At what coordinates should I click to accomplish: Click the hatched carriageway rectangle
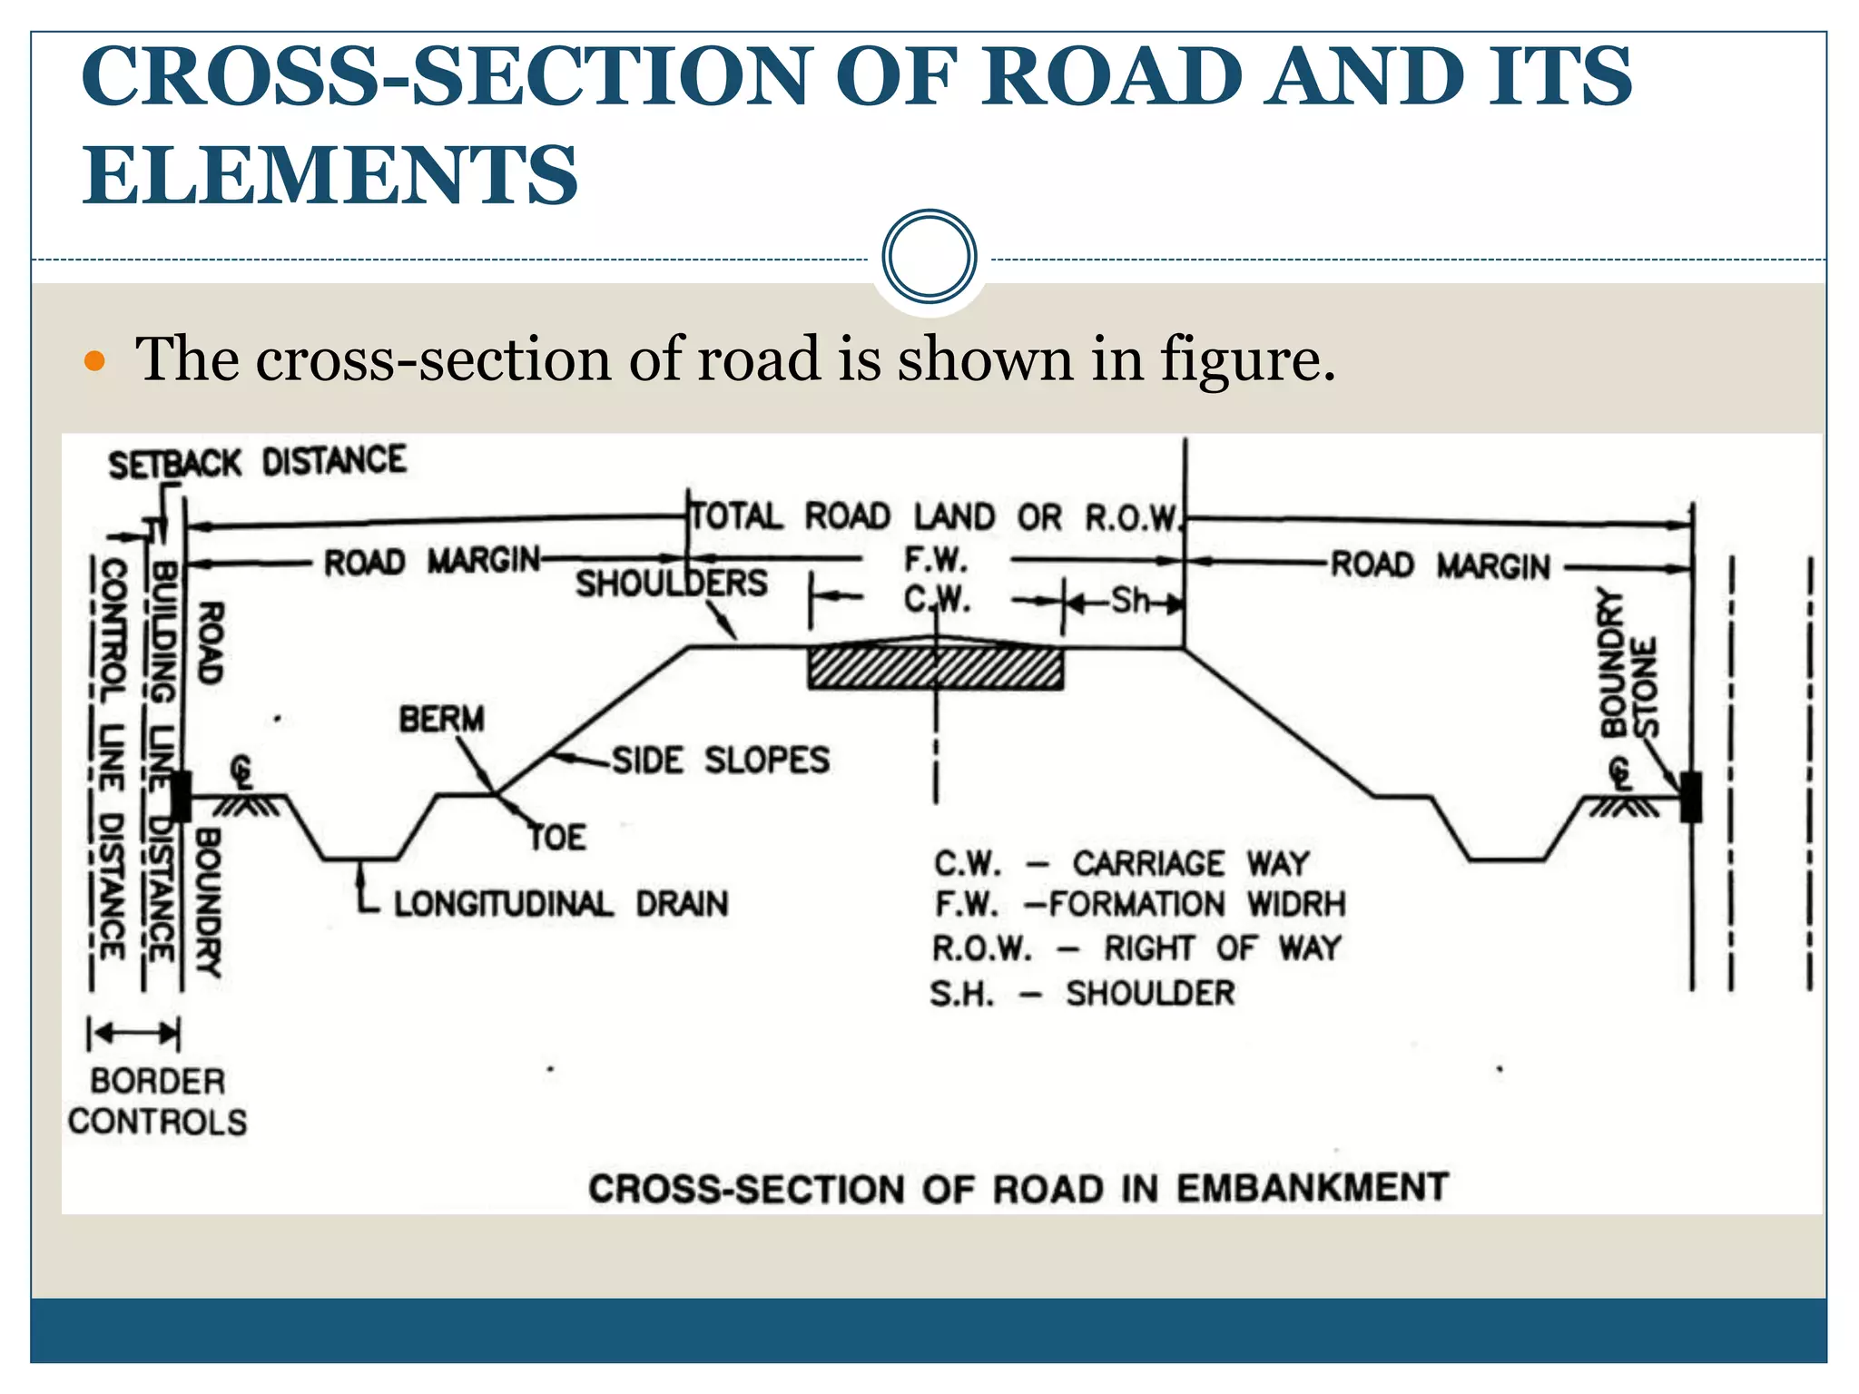[935, 668]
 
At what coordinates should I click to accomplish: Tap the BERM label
[442, 719]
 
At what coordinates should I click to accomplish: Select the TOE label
[558, 837]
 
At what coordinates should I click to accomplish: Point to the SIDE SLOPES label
[721, 760]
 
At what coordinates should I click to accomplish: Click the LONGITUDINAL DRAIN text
[561, 904]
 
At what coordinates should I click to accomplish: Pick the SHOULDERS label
[672, 584]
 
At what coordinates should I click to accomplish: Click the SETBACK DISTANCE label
[258, 462]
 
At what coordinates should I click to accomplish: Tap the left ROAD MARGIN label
[432, 562]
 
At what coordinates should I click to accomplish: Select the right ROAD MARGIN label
[1441, 565]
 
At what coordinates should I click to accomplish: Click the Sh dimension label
[1130, 601]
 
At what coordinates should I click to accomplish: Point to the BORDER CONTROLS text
[157, 1101]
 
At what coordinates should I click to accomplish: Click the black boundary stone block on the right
[1690, 797]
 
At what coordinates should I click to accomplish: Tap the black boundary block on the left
[181, 796]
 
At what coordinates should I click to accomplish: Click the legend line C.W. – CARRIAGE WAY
[1122, 863]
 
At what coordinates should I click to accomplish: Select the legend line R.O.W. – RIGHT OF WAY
[1136, 948]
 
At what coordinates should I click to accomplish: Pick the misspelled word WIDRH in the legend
[1295, 904]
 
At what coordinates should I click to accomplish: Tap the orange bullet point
[94, 361]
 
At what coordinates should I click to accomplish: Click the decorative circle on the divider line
[929, 257]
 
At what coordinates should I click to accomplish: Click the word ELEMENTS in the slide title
[330, 174]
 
